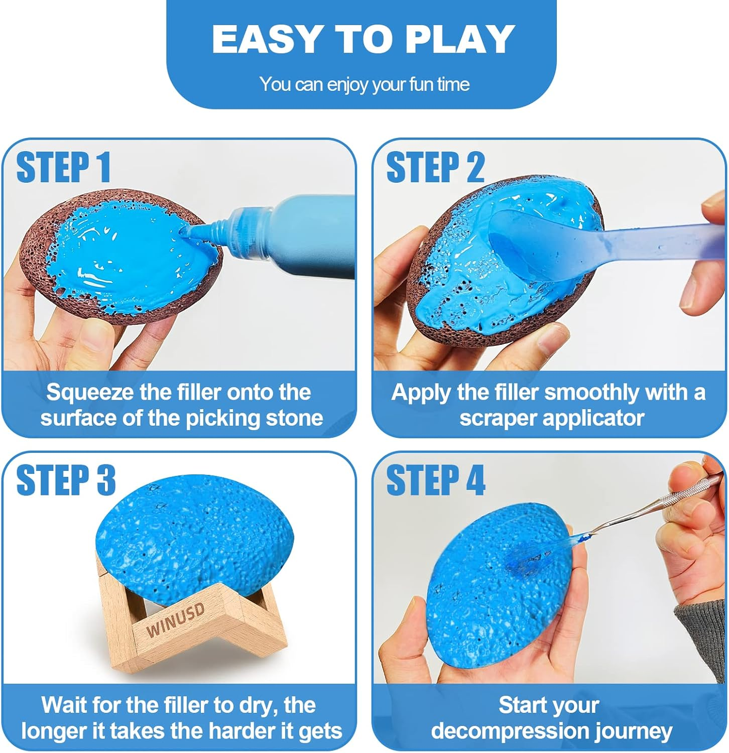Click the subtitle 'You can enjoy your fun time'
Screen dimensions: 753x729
pos(364,84)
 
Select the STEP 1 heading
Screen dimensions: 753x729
pos(64,168)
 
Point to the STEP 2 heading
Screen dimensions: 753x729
pos(435,168)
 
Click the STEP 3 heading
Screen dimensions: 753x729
pos(66,480)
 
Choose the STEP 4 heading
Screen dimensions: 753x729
pos(435,480)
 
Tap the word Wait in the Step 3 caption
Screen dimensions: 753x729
pos(64,705)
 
